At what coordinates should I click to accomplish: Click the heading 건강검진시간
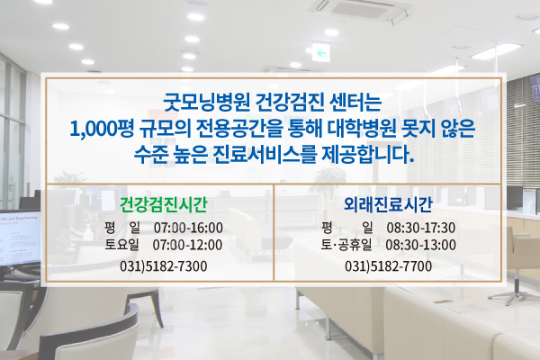(163, 204)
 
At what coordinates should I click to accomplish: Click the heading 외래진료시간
(388, 204)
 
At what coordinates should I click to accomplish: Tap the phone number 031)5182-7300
(163, 266)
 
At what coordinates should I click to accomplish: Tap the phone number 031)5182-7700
(388, 266)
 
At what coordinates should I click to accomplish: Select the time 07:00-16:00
(188, 228)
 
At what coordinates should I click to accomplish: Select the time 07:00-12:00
(187, 245)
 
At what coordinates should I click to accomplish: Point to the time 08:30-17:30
(421, 228)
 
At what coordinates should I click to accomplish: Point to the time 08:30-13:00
(420, 245)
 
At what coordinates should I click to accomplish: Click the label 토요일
(121, 245)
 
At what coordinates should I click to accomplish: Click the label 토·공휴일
(346, 245)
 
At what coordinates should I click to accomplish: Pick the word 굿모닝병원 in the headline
(206, 103)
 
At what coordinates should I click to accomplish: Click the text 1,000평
(102, 129)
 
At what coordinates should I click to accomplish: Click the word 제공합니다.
(367, 155)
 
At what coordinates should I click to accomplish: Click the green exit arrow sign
(321, 53)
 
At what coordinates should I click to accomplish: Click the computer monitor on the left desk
(19, 239)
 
